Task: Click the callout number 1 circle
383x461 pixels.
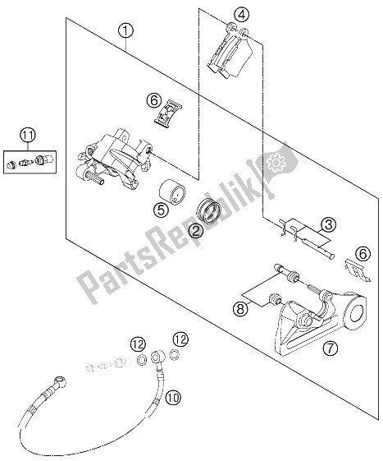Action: [125, 30]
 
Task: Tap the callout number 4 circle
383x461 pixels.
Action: [242, 15]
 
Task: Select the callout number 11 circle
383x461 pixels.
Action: [28, 136]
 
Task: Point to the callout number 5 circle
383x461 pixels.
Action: [161, 210]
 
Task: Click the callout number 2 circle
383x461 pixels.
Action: [196, 231]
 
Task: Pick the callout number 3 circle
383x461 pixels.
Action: [328, 225]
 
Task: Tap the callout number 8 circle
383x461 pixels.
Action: [240, 309]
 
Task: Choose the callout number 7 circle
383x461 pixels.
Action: [331, 348]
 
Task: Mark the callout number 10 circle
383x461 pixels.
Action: [173, 398]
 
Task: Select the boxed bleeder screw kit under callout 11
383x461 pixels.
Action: [30, 162]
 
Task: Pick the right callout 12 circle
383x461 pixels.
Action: [180, 339]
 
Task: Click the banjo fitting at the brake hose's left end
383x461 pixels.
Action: [60, 380]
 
